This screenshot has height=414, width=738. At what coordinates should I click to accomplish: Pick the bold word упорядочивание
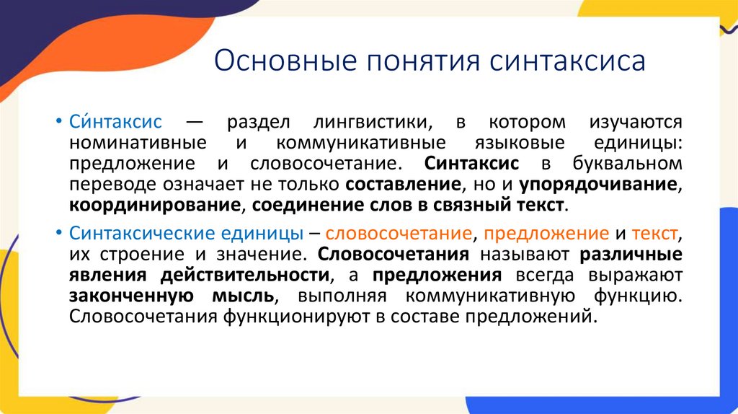(598, 185)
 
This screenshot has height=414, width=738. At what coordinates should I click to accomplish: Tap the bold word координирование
(154, 206)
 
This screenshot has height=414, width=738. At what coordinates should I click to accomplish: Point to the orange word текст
(654, 234)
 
